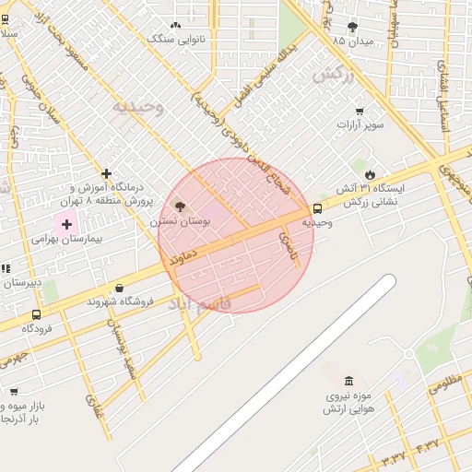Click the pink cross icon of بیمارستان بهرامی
[x=66, y=222]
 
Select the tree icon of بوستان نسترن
[x=179, y=207]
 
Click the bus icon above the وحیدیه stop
[x=318, y=208]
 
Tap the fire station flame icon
[x=370, y=173]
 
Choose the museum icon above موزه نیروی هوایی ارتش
[x=348, y=382]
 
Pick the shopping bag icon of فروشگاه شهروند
[x=120, y=289]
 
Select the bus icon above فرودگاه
[x=37, y=314]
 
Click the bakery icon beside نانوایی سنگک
[x=176, y=27]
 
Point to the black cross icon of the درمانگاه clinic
[x=107, y=173]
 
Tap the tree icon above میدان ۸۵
[x=351, y=26]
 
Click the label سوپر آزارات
[x=362, y=123]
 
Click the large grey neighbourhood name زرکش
[x=333, y=77]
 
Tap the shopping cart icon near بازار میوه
[x=14, y=392]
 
